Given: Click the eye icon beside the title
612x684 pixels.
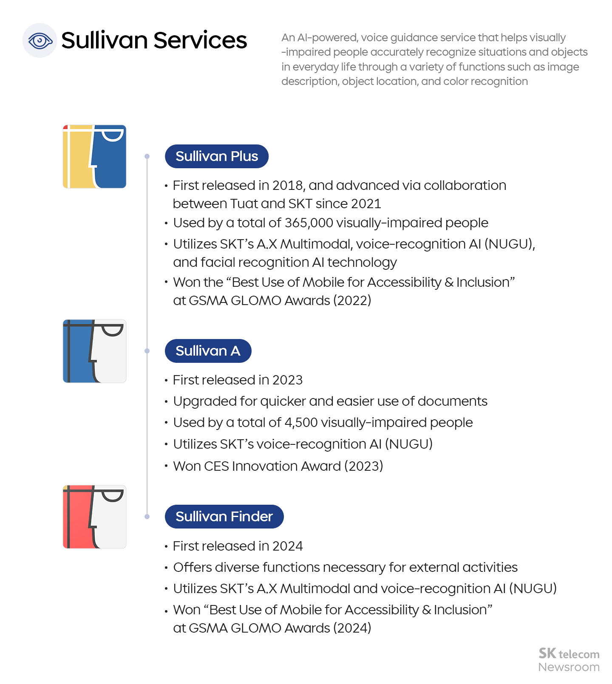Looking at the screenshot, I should click(x=40, y=41).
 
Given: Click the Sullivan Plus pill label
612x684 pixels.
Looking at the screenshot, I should click(x=216, y=156).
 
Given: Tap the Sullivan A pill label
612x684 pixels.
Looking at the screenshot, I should click(x=208, y=351).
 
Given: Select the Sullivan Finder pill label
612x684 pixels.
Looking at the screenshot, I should click(x=224, y=517).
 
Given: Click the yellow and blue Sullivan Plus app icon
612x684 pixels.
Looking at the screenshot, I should click(x=94, y=156).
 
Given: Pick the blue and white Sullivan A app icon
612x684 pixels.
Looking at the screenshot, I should click(x=94, y=351).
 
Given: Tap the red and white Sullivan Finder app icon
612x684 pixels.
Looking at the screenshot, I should click(x=94, y=517).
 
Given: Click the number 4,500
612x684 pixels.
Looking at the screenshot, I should click(x=301, y=423).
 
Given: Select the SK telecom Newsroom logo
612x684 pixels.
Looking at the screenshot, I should click(x=569, y=660).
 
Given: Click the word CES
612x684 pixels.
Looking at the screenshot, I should click(x=216, y=466).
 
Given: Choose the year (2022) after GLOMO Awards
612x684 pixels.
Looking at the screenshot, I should click(x=352, y=301).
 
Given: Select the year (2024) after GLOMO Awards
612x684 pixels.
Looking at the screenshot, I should click(x=352, y=628).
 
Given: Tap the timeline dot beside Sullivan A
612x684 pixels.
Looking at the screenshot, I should click(x=147, y=351).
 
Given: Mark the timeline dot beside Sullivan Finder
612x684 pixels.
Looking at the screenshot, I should click(x=147, y=517).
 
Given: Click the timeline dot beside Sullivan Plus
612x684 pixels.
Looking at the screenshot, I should click(x=147, y=156).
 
